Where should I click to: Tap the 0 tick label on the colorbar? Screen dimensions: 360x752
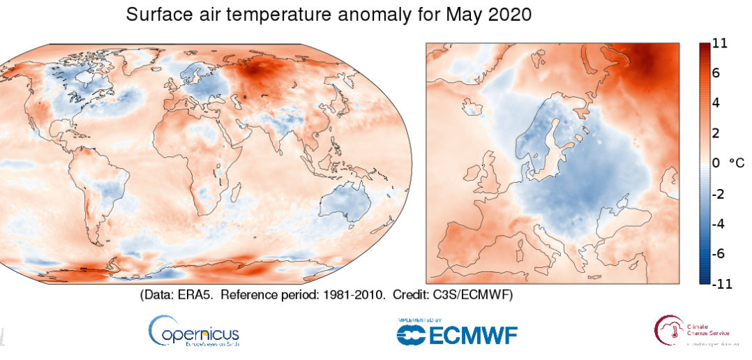(716, 163)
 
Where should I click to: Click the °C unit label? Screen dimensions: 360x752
(737, 163)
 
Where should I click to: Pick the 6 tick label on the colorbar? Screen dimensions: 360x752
(716, 73)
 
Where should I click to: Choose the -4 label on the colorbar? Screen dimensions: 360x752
(719, 224)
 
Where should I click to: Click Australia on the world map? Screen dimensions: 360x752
(345, 203)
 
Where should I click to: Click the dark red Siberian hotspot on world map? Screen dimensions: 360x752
(262, 70)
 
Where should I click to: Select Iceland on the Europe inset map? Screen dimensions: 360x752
(471, 107)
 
